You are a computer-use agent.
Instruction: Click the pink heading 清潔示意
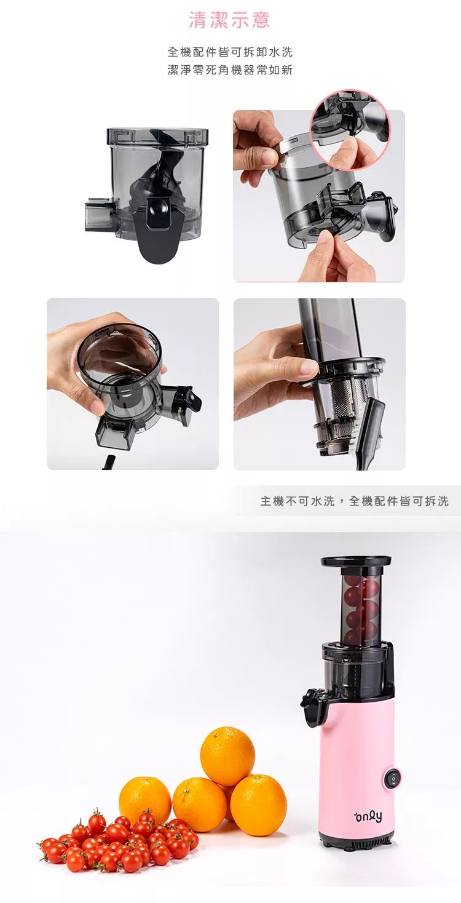point(229,20)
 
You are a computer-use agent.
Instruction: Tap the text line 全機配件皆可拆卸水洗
point(230,52)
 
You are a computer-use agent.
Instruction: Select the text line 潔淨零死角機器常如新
point(230,70)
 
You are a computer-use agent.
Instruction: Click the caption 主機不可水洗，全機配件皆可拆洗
point(354,501)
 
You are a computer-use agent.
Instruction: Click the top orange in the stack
point(227,750)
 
